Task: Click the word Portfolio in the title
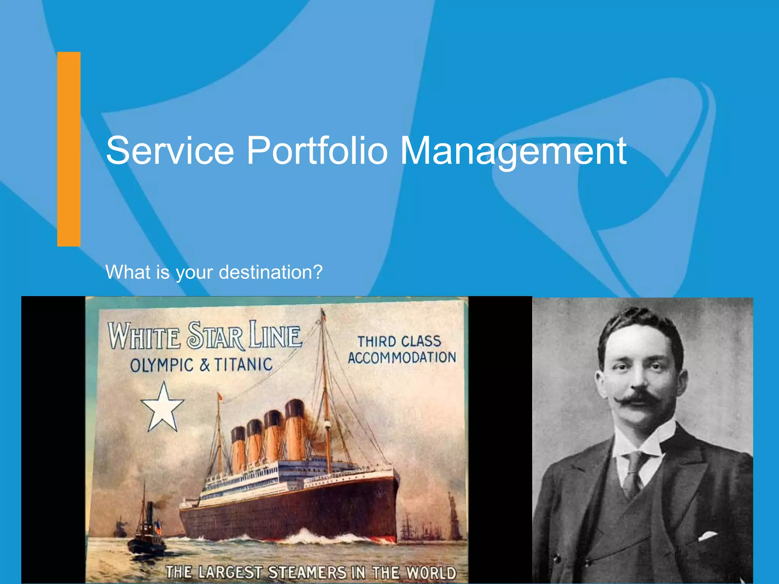pos(317,151)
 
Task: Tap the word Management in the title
pos(513,152)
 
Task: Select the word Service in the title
pos(170,151)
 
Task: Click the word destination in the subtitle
pos(270,272)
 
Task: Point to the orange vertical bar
pos(69,149)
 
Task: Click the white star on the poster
pos(163,408)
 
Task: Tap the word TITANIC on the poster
pos(243,365)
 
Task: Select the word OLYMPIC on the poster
pos(162,365)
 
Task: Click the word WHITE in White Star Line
pos(144,336)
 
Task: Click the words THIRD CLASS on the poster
pos(399,341)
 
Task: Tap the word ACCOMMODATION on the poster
pos(402,358)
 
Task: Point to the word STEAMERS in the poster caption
pos(307,572)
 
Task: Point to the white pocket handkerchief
pos(707,536)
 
